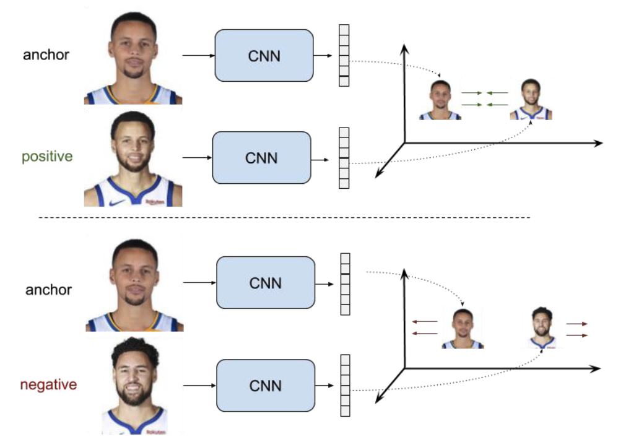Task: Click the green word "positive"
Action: click(47, 157)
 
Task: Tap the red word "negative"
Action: click(48, 384)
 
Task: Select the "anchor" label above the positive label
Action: click(46, 54)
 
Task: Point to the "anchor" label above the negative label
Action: click(48, 290)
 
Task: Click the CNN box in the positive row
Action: click(261, 157)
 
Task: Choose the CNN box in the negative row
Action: click(265, 386)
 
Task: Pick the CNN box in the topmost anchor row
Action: click(264, 56)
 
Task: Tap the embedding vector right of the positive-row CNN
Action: click(344, 157)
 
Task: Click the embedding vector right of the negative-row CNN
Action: click(345, 385)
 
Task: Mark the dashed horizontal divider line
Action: click(285, 218)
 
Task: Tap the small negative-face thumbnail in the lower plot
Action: click(542, 328)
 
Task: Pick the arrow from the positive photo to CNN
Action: click(197, 157)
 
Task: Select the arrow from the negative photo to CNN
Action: click(199, 386)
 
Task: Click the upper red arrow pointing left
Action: click(425, 322)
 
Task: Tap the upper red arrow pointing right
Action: click(576, 324)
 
